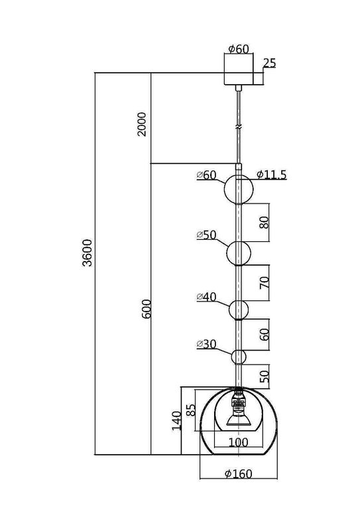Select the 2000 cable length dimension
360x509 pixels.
(143, 123)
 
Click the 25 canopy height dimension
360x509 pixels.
(269, 64)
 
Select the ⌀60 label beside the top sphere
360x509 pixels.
(207, 176)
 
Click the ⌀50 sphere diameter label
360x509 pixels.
(207, 235)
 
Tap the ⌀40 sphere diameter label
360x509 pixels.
(207, 297)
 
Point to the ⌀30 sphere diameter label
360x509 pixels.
(207, 345)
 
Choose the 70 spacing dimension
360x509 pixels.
(263, 282)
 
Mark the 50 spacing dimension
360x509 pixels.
(263, 376)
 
